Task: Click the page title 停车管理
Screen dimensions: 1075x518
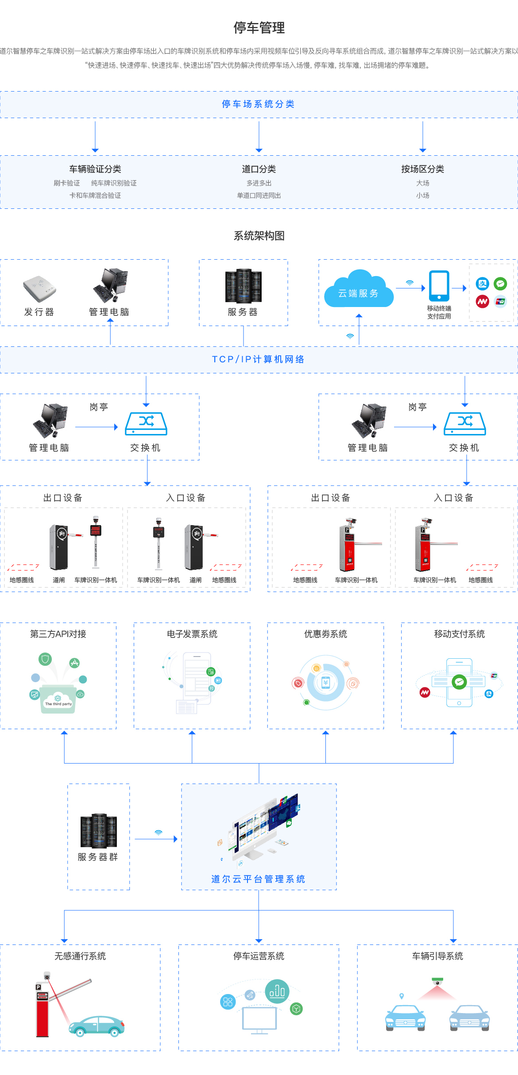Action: pos(259,28)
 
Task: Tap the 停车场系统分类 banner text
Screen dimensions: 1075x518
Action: pos(259,104)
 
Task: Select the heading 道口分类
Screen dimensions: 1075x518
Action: pos(259,169)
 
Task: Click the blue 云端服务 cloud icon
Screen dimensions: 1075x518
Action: pos(358,290)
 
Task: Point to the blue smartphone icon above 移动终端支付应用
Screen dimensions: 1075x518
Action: pos(439,286)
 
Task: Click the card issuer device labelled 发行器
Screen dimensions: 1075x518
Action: pos(39,288)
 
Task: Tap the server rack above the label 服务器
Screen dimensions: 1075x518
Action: pos(243,286)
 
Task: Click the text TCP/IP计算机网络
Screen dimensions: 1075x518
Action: pos(259,359)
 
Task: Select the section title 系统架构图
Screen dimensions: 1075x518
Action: pos(259,236)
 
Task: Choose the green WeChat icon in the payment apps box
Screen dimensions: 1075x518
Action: pos(500,284)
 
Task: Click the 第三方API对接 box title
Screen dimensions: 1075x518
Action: pos(58,634)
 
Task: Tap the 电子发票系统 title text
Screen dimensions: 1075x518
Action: pos(192,634)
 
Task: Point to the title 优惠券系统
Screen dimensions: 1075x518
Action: pos(325,634)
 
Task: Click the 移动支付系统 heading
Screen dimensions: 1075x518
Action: pos(459,634)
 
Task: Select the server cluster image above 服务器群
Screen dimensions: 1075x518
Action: pos(98,830)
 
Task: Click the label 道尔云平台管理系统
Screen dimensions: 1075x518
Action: pos(259,879)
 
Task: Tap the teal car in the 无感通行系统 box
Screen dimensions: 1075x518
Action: pos(97,1025)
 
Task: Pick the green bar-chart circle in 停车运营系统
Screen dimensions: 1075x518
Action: pos(277,991)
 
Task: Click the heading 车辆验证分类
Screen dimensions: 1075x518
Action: pos(95,169)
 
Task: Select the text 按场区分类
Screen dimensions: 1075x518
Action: pos(422,169)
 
